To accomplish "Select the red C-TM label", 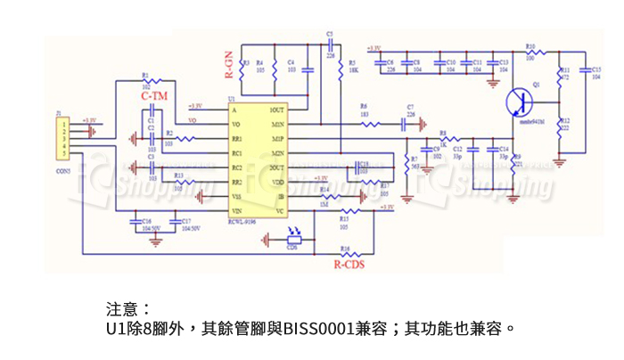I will [155, 95].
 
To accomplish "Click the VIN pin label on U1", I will [238, 210].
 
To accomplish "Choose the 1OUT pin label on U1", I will [276, 110].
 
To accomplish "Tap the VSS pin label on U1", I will [238, 196].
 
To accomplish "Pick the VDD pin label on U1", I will [277, 181].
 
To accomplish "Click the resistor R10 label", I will [530, 45].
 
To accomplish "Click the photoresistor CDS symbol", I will [292, 237].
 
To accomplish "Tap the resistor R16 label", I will [346, 247].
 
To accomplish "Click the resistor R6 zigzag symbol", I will [365, 124].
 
